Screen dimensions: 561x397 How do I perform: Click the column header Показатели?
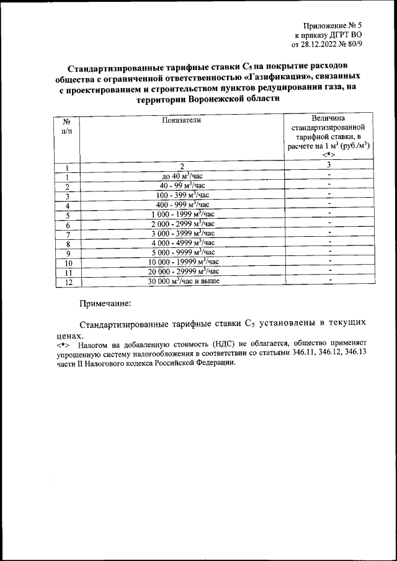point(182,121)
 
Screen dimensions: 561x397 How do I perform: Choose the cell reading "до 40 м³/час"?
point(182,176)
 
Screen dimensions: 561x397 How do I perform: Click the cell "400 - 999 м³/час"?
point(182,205)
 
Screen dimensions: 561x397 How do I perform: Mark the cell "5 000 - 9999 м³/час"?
point(182,252)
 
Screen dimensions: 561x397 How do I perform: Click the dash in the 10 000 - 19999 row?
point(330,261)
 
